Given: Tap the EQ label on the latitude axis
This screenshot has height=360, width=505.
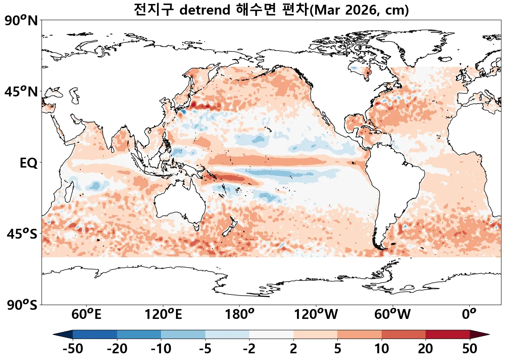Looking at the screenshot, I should pos(28,163).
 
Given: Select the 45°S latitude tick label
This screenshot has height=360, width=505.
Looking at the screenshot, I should pos(22,234).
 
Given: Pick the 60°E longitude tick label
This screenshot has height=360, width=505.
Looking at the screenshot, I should pos(86,315).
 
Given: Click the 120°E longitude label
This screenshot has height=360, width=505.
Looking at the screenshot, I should pos(163,315).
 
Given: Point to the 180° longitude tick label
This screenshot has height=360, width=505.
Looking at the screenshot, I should pos(240,315).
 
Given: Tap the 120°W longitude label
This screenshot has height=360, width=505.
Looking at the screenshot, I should pos(316,315).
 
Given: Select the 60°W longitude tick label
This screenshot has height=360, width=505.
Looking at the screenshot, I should pos(393,315).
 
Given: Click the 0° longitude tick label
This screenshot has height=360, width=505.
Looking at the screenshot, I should pos(469,315).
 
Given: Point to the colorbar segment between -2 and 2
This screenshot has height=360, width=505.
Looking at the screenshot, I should pos(271,334).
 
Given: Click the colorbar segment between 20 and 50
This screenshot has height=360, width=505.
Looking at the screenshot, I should pos(448,334).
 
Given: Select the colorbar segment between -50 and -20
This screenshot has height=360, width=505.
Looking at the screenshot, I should pos(95,334).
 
